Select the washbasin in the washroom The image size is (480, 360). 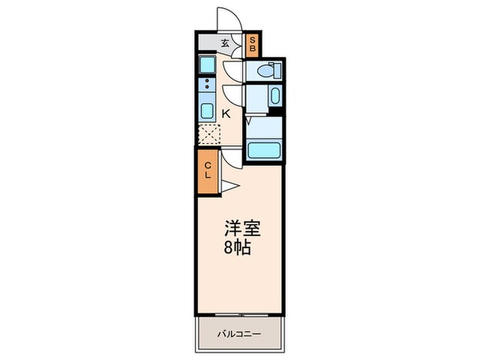(x=275, y=97)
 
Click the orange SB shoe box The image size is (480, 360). (x=252, y=45)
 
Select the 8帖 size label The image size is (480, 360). (x=238, y=247)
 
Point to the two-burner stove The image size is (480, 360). (x=206, y=86)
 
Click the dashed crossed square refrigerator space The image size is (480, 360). (x=208, y=134)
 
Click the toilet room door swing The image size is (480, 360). (x=233, y=70)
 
